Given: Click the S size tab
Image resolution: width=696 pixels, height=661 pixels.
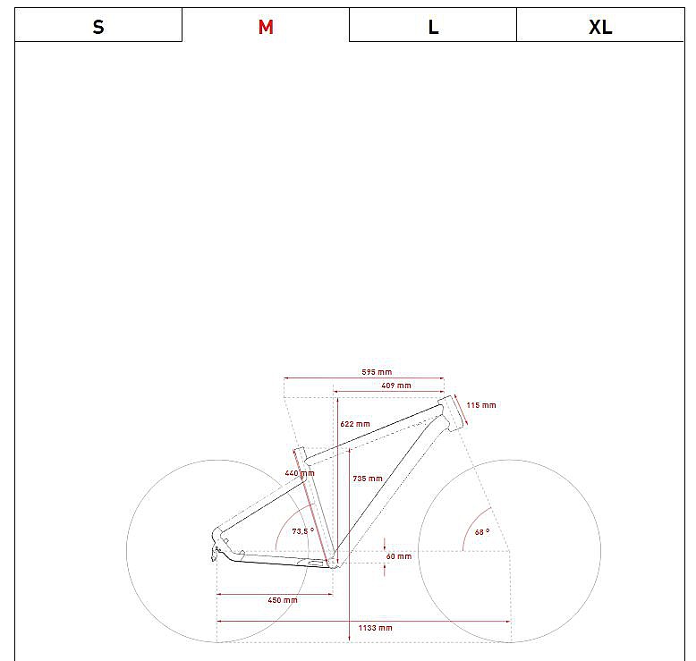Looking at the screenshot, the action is [x=98, y=25].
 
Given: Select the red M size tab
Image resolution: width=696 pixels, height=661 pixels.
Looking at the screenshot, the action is [x=266, y=25].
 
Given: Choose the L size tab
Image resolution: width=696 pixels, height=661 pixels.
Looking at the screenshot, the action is [x=433, y=25].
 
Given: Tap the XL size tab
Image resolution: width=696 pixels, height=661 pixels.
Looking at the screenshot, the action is [x=600, y=25].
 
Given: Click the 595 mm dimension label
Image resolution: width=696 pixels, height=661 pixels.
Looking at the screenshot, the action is [x=377, y=372].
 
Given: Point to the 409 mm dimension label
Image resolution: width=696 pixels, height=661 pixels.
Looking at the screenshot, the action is [x=396, y=386].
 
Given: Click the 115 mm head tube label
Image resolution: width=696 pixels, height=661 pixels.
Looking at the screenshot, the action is [x=480, y=405].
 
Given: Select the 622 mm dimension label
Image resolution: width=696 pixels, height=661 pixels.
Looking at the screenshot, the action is [x=354, y=424].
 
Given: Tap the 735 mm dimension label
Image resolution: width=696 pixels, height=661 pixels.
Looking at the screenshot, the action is [x=367, y=479].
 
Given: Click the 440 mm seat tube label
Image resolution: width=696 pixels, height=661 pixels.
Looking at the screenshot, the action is [x=300, y=473].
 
